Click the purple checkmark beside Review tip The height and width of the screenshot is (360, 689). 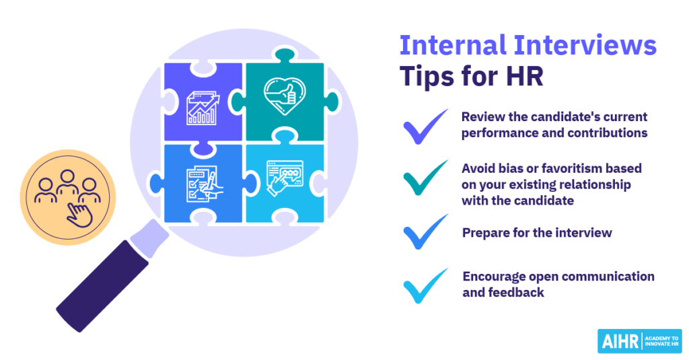425,127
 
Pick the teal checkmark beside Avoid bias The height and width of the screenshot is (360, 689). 425,178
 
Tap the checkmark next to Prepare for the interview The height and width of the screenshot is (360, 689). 425,232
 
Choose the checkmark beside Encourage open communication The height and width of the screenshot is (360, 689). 425,286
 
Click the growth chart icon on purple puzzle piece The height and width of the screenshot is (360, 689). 203,108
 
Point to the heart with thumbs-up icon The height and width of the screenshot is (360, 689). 285,96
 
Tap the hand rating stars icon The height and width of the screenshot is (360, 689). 285,178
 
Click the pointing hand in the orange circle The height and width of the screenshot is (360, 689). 79,215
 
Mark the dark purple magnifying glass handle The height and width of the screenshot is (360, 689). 102,286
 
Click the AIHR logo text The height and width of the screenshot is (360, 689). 620,342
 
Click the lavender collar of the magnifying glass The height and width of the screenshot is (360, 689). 149,238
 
